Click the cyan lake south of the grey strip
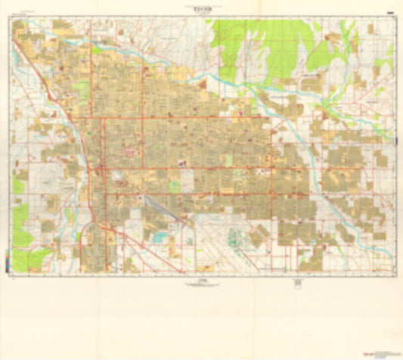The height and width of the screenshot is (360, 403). [x=160, y=237]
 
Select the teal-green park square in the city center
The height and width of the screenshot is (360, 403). [x=175, y=185]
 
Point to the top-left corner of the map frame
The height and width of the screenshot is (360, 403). [x=13, y=18]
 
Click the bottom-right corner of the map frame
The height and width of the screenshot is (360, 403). [x=395, y=273]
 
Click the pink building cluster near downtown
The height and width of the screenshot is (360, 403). [x=129, y=152]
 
